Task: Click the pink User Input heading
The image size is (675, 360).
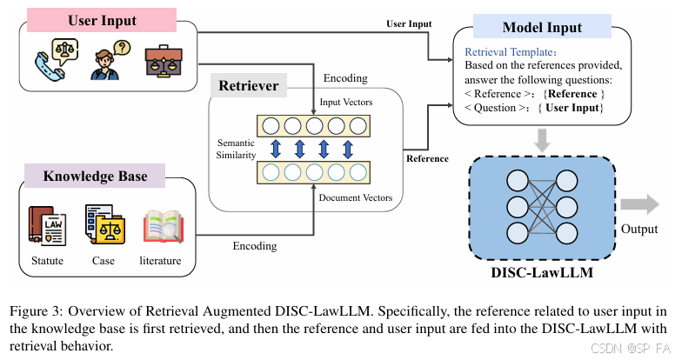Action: click(102, 19)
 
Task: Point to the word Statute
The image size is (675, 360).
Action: click(45, 261)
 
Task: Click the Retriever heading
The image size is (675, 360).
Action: click(249, 86)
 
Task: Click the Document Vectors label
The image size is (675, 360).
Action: click(355, 198)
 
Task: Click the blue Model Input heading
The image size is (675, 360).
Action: click(541, 27)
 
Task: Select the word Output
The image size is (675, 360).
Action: click(639, 230)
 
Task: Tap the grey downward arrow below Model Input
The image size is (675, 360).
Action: click(541, 139)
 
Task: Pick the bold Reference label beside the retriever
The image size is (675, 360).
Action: click(427, 158)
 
